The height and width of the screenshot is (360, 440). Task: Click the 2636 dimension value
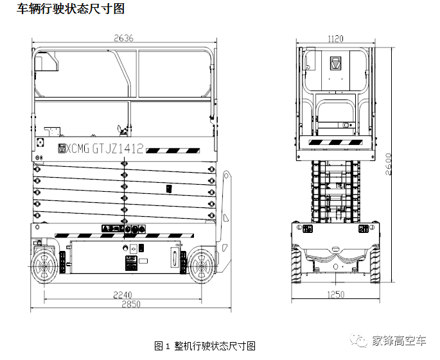point(123,39)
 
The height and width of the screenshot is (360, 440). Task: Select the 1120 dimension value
point(335,39)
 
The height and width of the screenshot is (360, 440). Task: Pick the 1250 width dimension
point(335,295)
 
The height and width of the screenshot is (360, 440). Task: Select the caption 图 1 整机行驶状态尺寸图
point(206,346)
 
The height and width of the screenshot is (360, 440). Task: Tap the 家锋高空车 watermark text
point(400,341)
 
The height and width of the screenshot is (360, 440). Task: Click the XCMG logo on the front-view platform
point(335,64)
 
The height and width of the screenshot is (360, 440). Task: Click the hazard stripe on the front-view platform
point(335,141)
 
